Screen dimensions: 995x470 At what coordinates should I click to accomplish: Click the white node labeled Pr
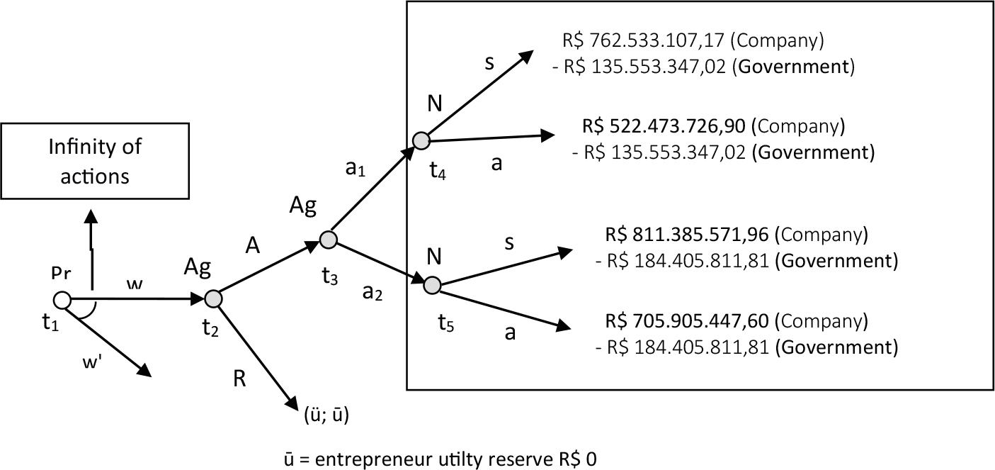[62, 300]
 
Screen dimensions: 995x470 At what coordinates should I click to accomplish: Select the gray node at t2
[213, 299]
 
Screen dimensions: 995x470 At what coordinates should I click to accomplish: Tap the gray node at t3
[329, 240]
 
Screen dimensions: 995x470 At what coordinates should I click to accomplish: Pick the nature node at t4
[421, 140]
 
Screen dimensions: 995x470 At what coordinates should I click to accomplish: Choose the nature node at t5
[432, 285]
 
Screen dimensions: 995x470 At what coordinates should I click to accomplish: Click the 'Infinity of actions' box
[95, 161]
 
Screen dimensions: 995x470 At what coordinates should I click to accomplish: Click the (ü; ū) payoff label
[326, 415]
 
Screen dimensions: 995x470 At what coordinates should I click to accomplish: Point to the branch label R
[239, 379]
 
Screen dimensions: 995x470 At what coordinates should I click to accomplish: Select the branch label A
[252, 245]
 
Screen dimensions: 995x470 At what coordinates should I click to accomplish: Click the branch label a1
[356, 169]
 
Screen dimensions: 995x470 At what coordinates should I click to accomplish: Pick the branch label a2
[373, 293]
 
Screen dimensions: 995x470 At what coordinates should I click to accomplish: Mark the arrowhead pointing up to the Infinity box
[91, 216]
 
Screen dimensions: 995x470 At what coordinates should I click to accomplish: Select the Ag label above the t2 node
[198, 267]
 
